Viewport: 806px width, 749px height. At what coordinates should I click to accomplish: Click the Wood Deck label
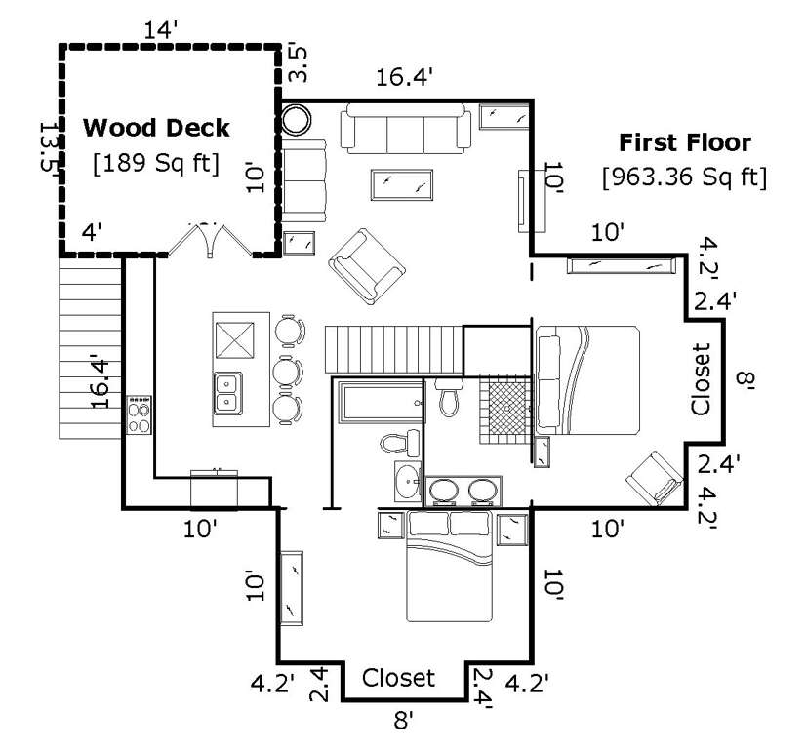(156, 128)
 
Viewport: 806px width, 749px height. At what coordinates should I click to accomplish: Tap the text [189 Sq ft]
(156, 164)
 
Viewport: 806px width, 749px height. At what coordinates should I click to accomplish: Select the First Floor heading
(685, 142)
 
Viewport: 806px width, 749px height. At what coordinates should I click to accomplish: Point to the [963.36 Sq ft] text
(685, 177)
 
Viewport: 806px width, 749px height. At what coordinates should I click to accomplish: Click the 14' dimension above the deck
(160, 30)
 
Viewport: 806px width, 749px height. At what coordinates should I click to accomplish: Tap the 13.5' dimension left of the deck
(50, 148)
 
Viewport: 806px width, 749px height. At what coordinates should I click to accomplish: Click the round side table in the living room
(297, 120)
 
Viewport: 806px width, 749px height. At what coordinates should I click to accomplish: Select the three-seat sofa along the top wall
(405, 128)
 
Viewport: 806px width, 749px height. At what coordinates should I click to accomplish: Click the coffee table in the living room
(401, 185)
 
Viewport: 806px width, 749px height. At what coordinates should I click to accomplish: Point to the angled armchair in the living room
(367, 266)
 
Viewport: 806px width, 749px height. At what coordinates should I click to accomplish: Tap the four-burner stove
(140, 415)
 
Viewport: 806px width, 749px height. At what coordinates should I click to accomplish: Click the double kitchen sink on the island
(228, 393)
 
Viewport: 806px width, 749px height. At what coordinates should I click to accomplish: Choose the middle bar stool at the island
(289, 372)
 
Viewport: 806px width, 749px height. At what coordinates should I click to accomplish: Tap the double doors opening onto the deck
(211, 240)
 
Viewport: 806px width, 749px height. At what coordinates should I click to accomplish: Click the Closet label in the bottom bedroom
(398, 678)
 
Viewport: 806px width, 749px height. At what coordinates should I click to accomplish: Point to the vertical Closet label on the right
(700, 379)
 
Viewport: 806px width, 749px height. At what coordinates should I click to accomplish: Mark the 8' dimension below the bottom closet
(404, 721)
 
